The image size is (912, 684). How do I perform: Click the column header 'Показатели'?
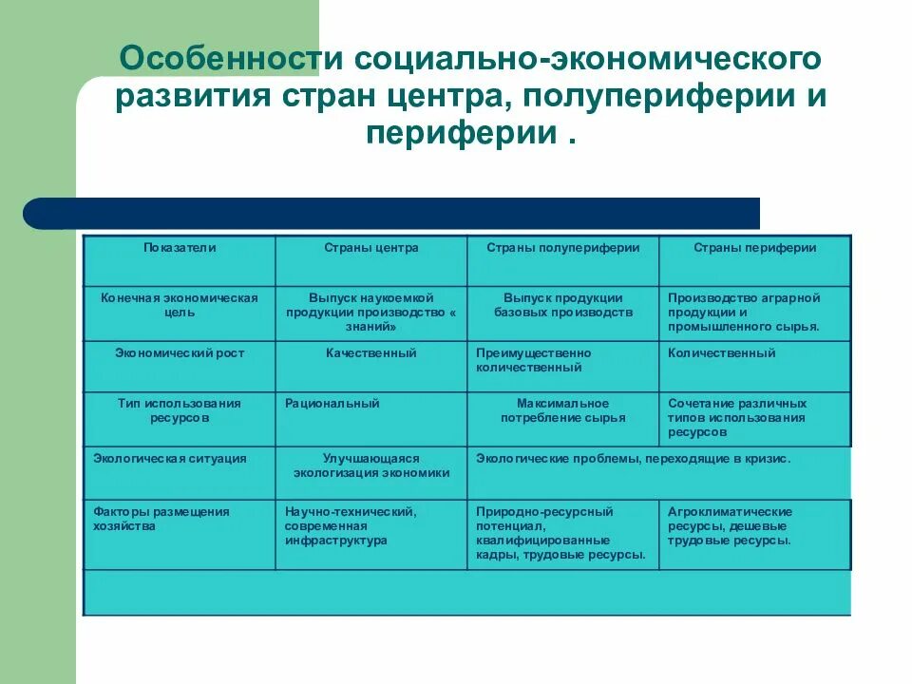coord(180,248)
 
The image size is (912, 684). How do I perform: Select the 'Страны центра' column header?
coord(370,248)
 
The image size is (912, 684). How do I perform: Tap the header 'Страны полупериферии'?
coord(562,248)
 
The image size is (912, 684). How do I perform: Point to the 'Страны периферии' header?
coord(754,248)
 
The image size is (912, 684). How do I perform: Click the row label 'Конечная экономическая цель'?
coord(180,305)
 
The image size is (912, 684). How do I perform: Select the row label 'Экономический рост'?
coord(180,353)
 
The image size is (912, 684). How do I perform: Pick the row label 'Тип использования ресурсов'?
coord(180,410)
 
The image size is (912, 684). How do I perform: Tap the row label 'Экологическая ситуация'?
coord(170,459)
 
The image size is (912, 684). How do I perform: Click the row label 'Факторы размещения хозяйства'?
coord(161,519)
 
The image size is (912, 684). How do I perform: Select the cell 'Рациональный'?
coord(332,404)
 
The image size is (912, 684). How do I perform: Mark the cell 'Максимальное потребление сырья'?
coord(562,410)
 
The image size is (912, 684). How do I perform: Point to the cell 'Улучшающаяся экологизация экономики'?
coord(370,465)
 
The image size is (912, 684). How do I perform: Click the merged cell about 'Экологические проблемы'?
coord(633,459)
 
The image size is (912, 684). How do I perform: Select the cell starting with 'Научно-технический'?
coord(351,525)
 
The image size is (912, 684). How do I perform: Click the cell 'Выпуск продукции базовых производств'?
coord(562,305)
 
